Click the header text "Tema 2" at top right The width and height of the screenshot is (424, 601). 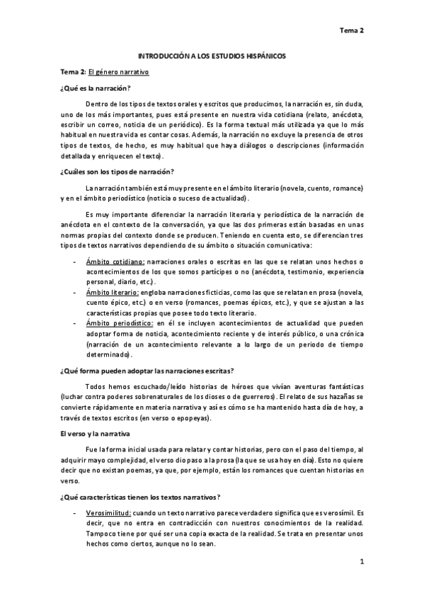click(x=351, y=30)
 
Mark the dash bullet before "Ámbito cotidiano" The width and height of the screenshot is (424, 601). click(x=75, y=262)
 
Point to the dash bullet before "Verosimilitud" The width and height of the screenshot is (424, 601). click(x=75, y=510)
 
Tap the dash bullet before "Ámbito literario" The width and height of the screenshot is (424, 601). click(x=75, y=291)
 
